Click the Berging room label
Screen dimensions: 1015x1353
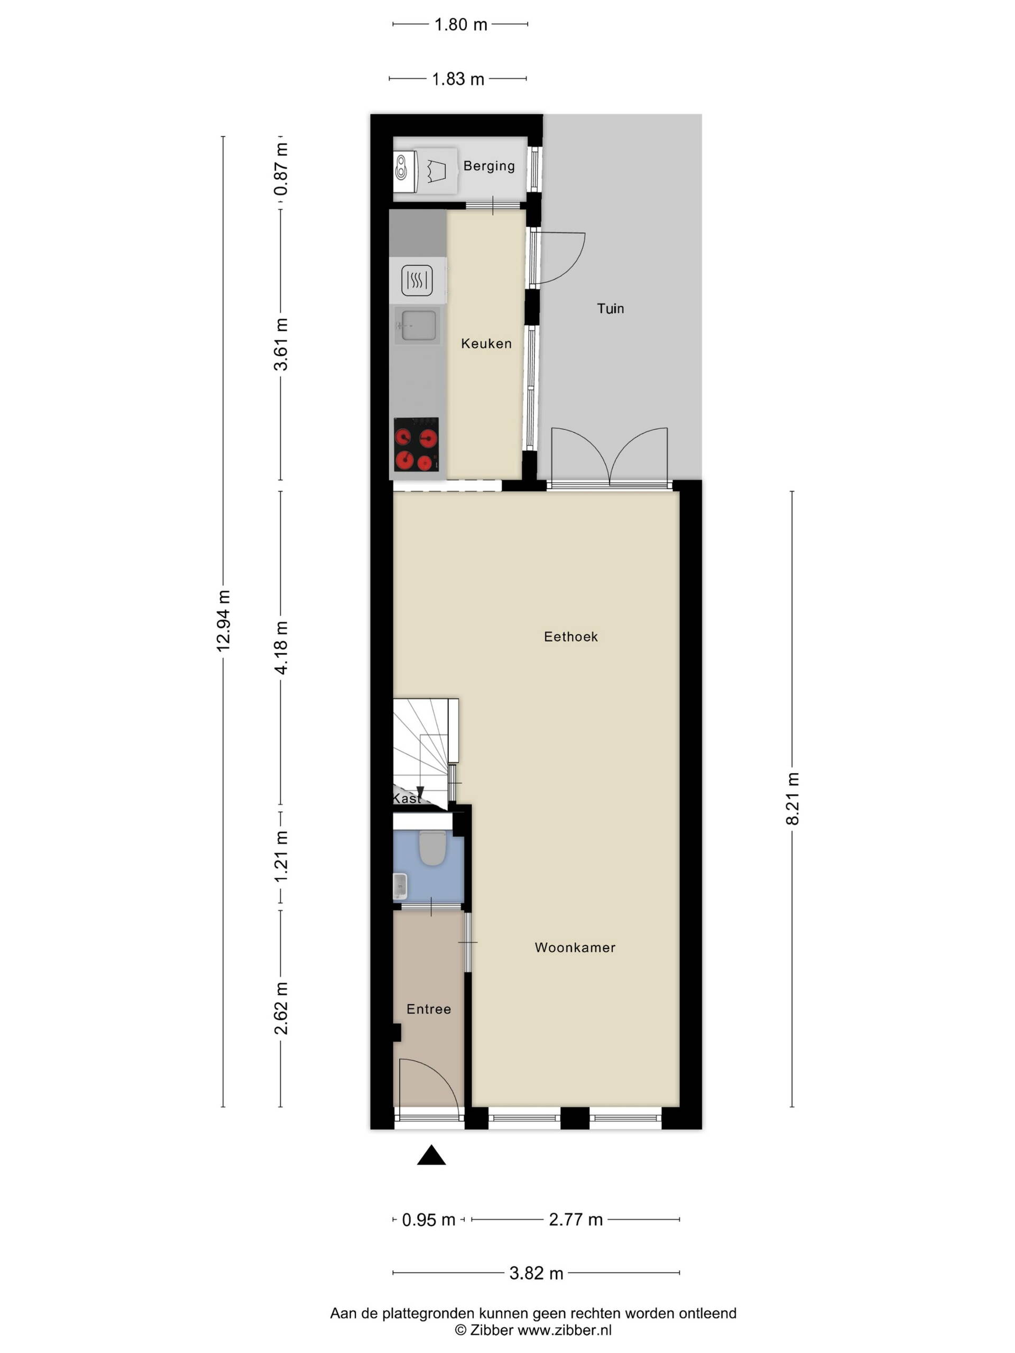click(x=488, y=166)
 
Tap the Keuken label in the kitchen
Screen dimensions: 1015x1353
click(x=486, y=343)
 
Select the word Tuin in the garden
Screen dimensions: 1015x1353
click(x=610, y=308)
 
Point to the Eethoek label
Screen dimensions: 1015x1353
click(x=570, y=636)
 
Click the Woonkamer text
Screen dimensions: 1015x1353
click(x=575, y=947)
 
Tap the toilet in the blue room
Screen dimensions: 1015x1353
click(x=432, y=846)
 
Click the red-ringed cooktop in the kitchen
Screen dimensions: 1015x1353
click(x=416, y=444)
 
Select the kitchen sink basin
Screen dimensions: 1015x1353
click(x=417, y=326)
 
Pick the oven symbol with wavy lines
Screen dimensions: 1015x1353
click(x=417, y=280)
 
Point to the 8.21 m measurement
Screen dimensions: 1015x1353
click(x=792, y=799)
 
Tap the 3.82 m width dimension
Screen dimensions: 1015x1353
click(x=536, y=1273)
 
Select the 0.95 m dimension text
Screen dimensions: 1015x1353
click(x=428, y=1220)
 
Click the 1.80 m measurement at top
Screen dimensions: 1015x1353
click(x=460, y=24)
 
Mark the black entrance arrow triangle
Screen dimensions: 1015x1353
click(x=431, y=1155)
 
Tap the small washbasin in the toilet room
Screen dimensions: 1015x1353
click(x=400, y=886)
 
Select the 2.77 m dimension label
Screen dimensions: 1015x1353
click(x=576, y=1219)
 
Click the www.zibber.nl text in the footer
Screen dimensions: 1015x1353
click(x=565, y=1329)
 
